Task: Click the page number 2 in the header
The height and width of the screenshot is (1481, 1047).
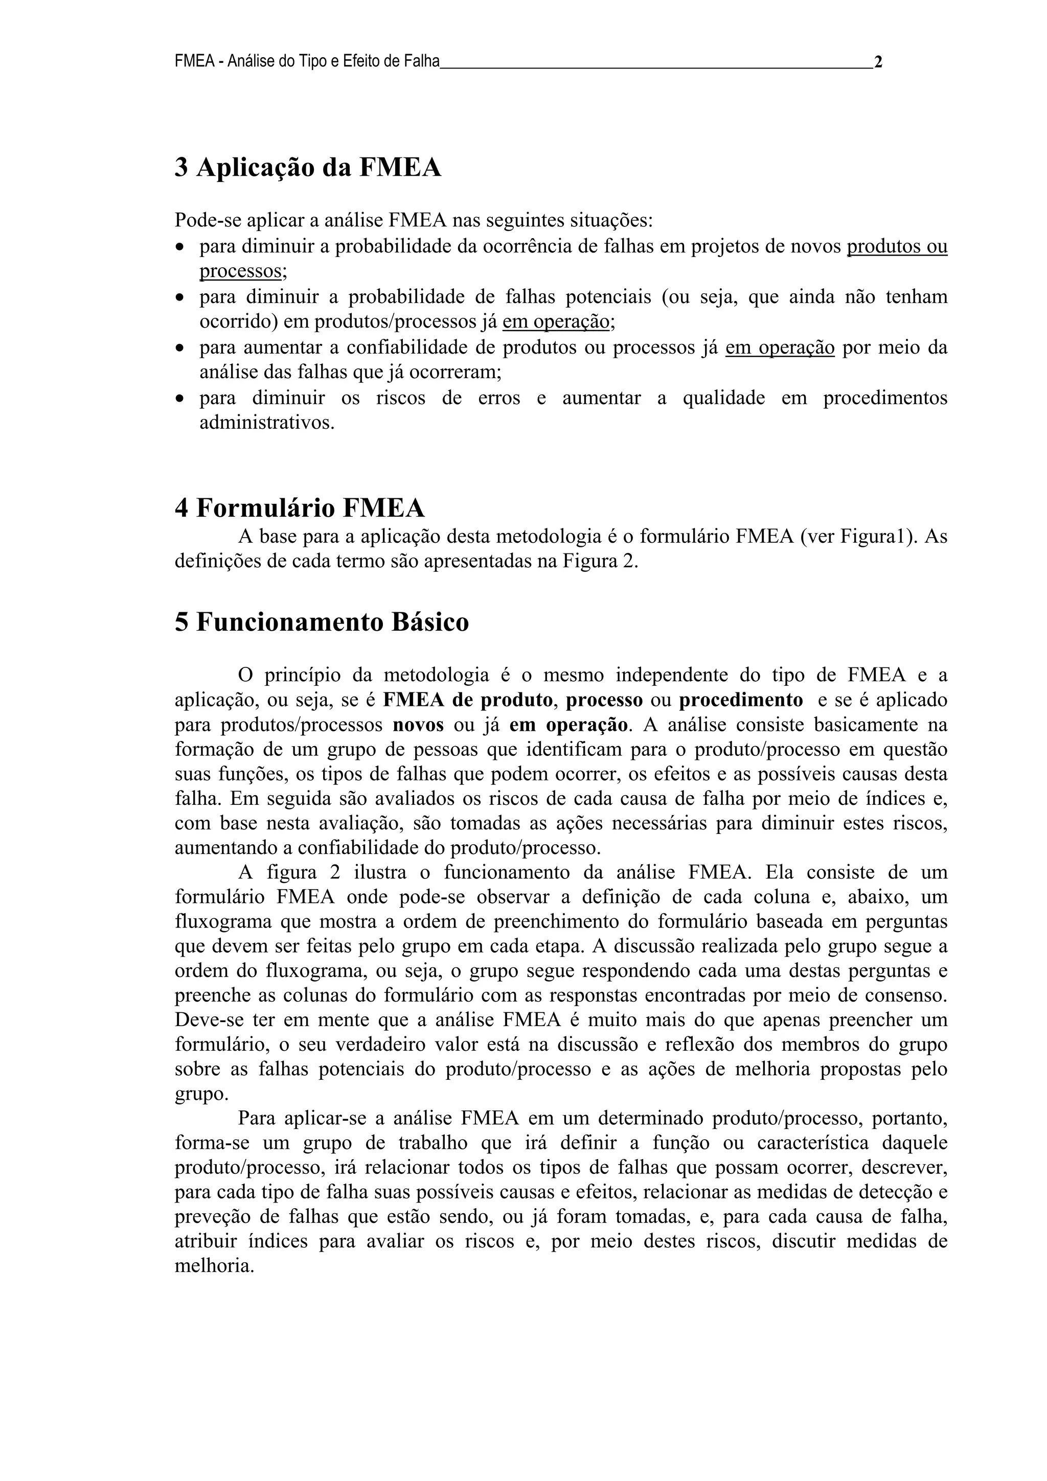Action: (878, 62)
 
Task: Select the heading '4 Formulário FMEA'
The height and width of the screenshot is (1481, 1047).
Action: (300, 508)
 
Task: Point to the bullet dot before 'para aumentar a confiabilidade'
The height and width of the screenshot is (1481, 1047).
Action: (180, 349)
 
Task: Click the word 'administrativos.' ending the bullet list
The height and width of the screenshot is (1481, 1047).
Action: (267, 423)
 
